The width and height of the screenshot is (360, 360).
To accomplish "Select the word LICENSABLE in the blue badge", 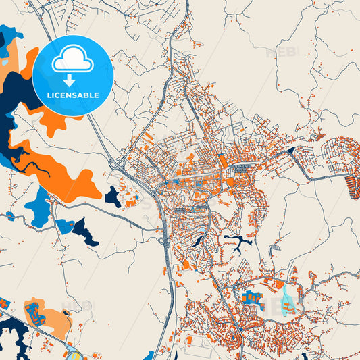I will (72, 95).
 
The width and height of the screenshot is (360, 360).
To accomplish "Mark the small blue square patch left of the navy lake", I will (65, 226).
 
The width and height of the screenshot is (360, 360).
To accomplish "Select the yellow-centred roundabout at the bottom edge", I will (74, 355).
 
